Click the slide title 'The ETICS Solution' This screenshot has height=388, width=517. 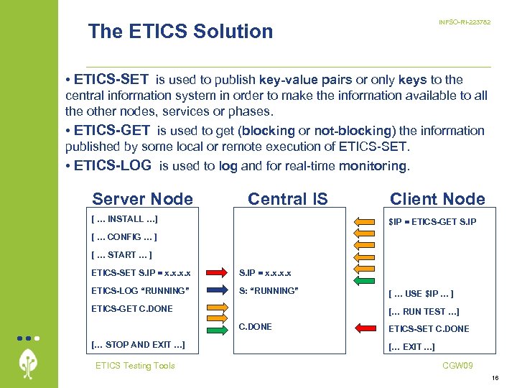tap(180, 32)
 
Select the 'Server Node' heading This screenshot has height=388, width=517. tap(143, 199)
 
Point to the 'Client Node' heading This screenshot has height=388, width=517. tap(437, 199)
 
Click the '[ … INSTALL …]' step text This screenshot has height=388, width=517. tap(125, 218)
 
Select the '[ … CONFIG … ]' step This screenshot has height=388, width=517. tap(124, 236)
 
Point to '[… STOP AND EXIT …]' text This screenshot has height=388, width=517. tap(138, 345)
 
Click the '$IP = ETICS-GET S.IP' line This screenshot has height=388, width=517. tap(432, 221)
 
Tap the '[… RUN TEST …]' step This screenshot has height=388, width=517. tap(423, 311)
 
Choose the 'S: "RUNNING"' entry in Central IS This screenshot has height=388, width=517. tap(269, 291)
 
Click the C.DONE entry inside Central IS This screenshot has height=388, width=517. tap(255, 327)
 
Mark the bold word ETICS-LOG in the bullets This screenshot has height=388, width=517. tap(113, 165)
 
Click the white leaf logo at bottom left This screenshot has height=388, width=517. tap(29, 363)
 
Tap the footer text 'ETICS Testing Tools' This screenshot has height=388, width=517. tap(135, 366)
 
